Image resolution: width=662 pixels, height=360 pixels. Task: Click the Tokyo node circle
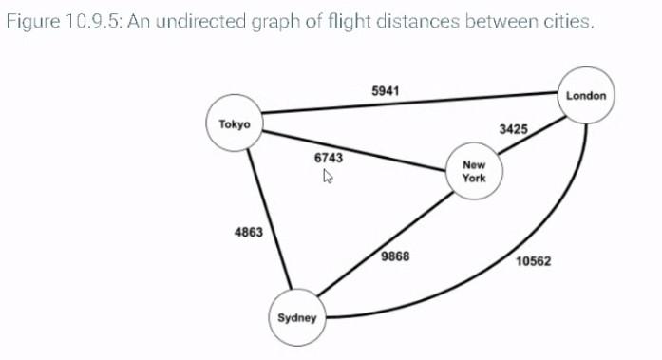click(234, 124)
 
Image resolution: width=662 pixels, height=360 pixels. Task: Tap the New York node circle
click(473, 171)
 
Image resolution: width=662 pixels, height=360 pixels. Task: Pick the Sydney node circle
click(296, 317)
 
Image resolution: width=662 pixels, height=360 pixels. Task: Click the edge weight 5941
click(385, 90)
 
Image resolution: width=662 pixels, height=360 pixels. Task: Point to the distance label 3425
click(513, 127)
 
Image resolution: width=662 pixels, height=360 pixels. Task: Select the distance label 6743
click(328, 158)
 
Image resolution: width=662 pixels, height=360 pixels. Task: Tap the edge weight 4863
click(248, 232)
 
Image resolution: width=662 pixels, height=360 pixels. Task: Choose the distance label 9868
click(395, 257)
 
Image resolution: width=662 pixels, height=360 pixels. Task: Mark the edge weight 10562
click(535, 261)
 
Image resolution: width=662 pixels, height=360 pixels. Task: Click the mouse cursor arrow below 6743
click(328, 176)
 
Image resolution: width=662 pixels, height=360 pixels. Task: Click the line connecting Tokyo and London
click(408, 104)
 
